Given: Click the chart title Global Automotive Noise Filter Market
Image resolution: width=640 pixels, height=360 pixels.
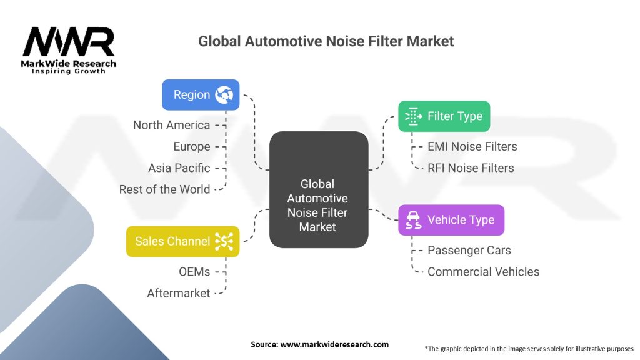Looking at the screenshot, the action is click(x=326, y=42).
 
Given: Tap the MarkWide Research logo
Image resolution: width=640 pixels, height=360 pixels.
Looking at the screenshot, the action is click(x=69, y=50).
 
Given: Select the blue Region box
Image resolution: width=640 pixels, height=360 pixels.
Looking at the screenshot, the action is click(x=200, y=95).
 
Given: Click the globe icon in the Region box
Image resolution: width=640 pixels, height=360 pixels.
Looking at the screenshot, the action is click(x=224, y=95).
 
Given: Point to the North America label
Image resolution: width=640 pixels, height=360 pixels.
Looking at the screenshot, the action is click(x=171, y=125).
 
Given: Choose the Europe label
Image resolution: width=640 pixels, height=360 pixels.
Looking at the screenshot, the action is click(x=191, y=146).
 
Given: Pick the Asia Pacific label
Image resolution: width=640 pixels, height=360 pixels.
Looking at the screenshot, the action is click(x=179, y=167).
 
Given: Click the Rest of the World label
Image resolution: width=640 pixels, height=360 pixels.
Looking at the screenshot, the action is click(x=164, y=189).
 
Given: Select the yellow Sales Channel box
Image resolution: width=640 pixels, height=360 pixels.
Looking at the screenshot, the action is click(x=182, y=241).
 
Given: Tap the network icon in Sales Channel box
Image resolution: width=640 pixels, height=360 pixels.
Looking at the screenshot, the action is click(x=224, y=241).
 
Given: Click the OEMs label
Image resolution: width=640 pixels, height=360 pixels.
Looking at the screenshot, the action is click(x=194, y=271).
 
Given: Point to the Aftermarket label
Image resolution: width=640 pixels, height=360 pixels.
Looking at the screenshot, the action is click(x=178, y=292).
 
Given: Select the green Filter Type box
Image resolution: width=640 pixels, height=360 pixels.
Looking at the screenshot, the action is click(x=444, y=116).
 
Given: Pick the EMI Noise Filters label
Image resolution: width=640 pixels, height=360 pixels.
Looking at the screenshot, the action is click(x=472, y=146).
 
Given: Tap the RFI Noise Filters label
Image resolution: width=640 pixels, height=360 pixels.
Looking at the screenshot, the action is click(x=471, y=167).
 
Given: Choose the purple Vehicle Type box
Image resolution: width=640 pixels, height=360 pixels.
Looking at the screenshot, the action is click(x=451, y=220).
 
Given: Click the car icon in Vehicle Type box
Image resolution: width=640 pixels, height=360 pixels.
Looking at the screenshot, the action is click(x=413, y=220).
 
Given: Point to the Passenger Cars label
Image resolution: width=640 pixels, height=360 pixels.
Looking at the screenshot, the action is click(x=469, y=250).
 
